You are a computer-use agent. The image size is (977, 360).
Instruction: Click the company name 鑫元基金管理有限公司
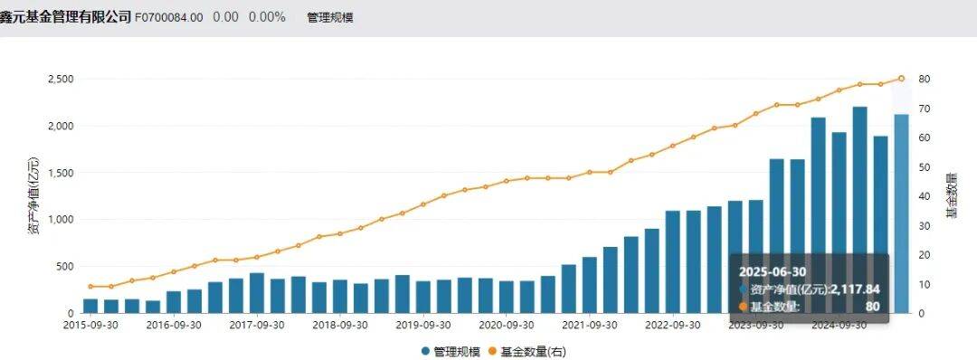coord(65,17)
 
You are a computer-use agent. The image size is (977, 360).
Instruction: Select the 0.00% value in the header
coord(267,17)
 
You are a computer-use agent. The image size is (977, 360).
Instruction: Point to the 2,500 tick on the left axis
coord(60,79)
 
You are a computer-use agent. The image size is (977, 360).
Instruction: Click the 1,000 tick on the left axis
coord(60,220)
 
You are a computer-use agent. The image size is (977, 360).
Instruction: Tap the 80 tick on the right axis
coord(924,79)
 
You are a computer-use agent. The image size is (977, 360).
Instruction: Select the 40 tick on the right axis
coord(924,196)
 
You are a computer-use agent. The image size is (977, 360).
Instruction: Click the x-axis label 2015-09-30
coord(94,324)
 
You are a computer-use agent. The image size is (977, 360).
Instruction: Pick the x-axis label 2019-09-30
coord(423,324)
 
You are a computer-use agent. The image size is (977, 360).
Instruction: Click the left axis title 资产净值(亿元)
coord(33,196)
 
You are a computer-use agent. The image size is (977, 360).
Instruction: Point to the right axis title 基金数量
coord(952,194)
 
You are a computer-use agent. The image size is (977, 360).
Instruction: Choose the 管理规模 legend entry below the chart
coord(453,350)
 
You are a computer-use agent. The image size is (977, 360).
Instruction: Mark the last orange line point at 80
coord(901,79)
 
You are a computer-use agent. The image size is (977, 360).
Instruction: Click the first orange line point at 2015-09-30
coord(90,286)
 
